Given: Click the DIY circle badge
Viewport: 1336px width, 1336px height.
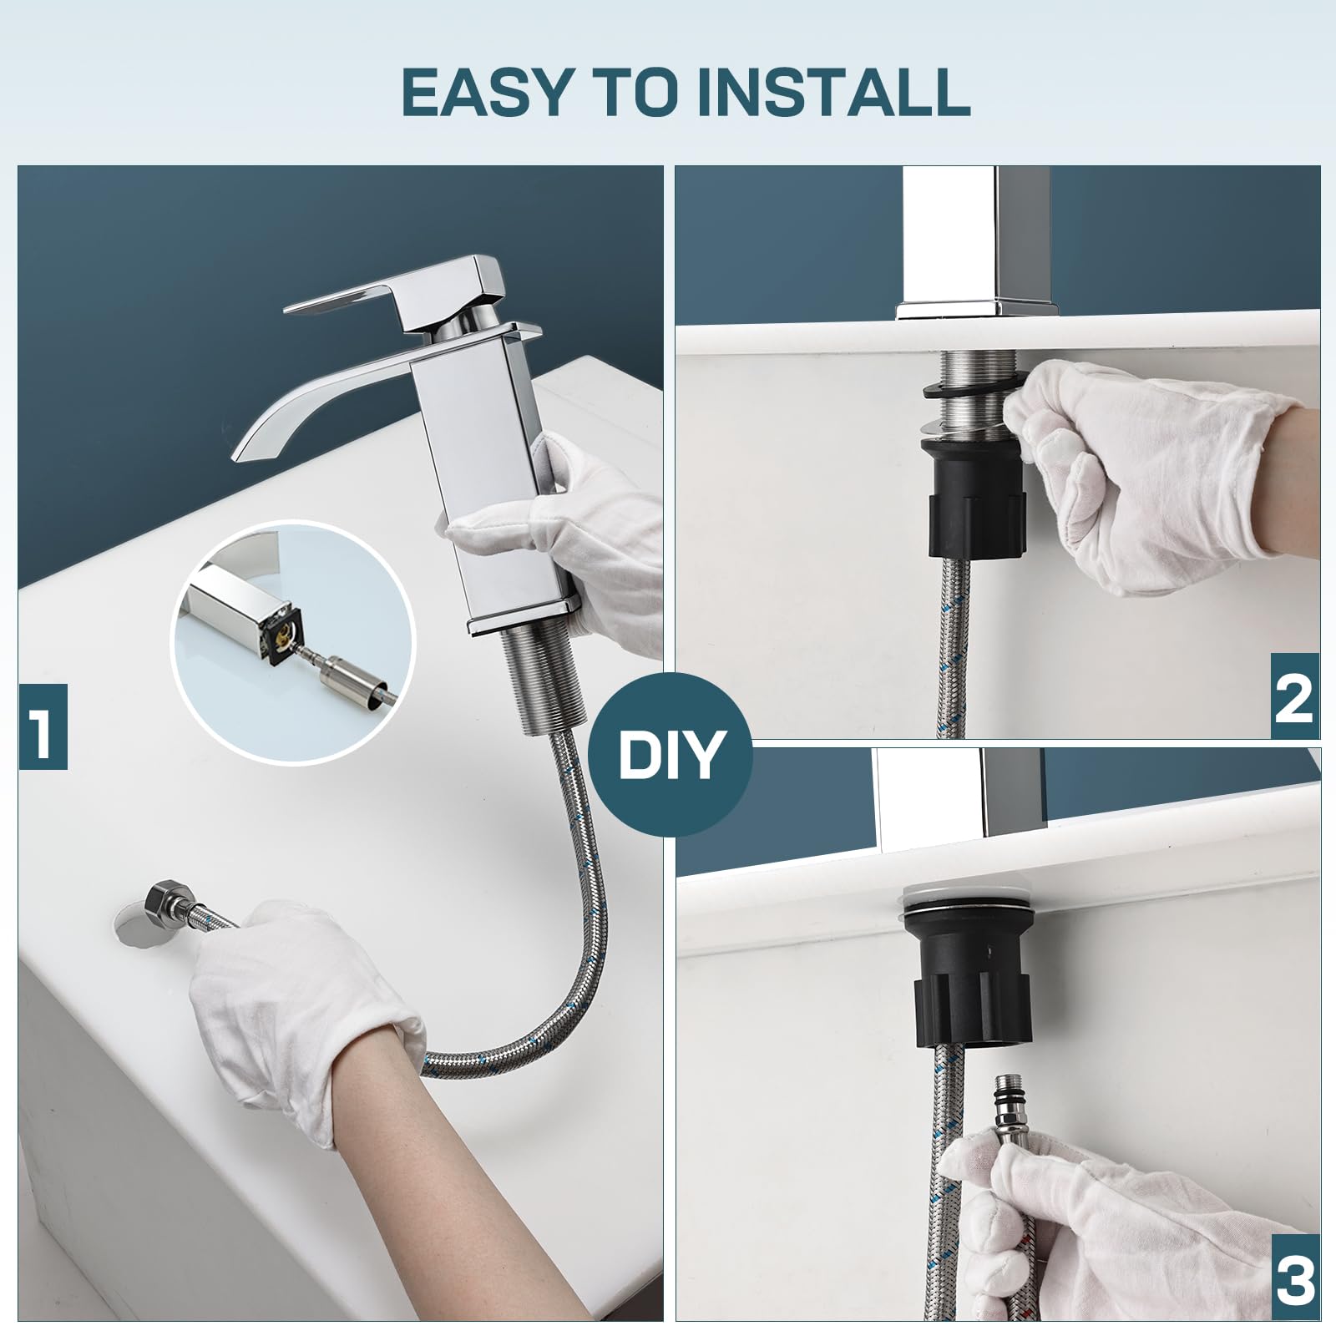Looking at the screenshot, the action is click(670, 754).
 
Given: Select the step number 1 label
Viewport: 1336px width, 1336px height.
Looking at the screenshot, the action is click(43, 726).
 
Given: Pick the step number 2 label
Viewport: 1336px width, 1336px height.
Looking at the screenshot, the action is click(1293, 697).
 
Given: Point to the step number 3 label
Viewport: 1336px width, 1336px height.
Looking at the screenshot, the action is click(1293, 1278).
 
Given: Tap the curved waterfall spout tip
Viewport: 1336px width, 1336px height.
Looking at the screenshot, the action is click(241, 449).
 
